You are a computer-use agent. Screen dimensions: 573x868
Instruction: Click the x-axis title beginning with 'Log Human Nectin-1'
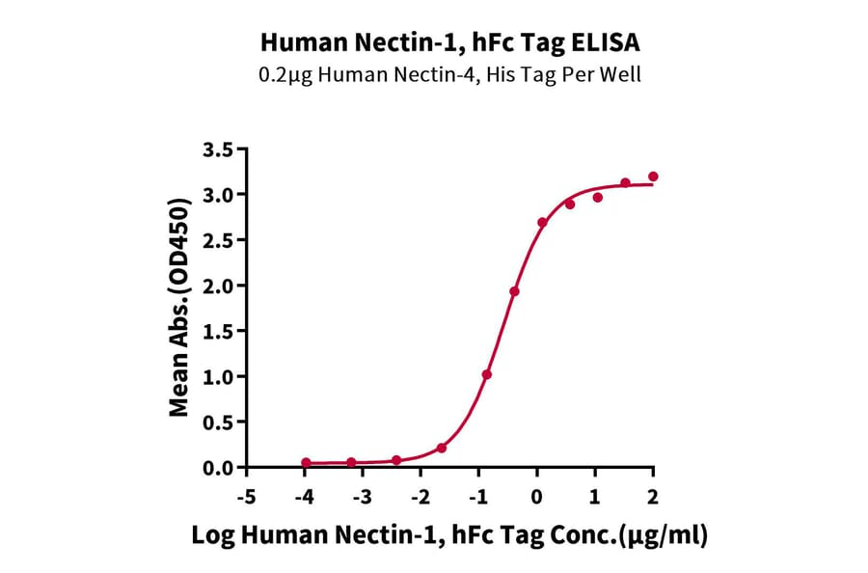(x=448, y=537)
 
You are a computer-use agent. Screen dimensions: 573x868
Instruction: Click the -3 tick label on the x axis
(x=362, y=497)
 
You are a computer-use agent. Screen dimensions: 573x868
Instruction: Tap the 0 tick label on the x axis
(x=536, y=497)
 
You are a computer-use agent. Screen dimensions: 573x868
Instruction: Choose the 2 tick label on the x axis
(x=653, y=497)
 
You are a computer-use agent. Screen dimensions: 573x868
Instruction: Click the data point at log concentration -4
(x=306, y=463)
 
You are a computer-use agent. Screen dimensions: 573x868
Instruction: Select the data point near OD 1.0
(x=487, y=374)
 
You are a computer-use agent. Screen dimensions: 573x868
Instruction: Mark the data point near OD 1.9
(x=515, y=291)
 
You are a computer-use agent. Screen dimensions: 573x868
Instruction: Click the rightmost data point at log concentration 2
(x=653, y=177)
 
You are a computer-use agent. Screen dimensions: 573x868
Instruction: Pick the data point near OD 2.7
(x=542, y=222)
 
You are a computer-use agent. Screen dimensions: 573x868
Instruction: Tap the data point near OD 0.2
(x=442, y=448)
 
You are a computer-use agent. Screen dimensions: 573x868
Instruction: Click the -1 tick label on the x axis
(x=476, y=497)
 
